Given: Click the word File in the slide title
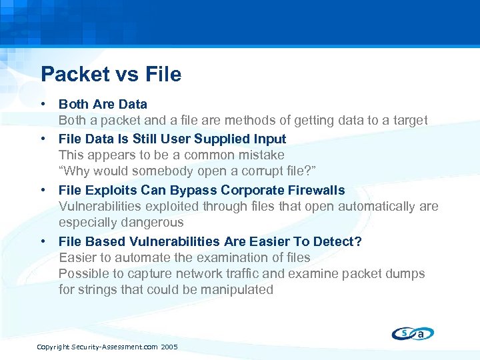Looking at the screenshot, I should click(161, 74).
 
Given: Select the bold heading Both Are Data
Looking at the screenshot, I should click(103, 105).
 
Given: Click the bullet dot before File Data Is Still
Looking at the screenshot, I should click(43, 139).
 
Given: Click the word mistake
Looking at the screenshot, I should click(259, 155).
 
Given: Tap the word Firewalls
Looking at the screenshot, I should click(312, 190).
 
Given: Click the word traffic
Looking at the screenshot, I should click(248, 274).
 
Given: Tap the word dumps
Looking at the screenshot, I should click(405, 274).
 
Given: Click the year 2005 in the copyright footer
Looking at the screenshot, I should click(169, 347).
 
